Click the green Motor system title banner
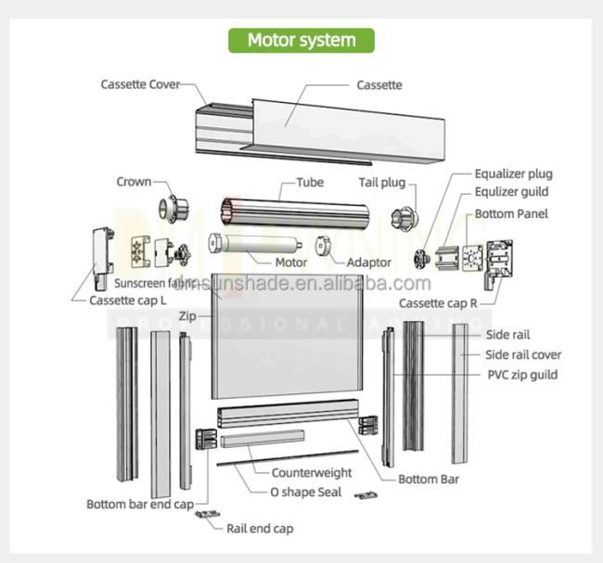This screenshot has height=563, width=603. pos(301,40)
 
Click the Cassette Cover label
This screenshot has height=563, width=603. pos(141,84)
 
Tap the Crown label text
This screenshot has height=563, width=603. pos(134,182)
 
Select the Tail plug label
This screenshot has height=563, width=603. pos(388,182)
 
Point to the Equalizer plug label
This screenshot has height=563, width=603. pos(513,173)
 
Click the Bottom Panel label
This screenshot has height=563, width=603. pos(511,214)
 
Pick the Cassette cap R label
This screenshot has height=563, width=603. pos(438,303)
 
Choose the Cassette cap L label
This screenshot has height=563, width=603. pos(128,301)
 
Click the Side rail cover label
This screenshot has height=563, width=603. pos(523,354)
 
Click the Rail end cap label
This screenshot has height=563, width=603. pos(260,529)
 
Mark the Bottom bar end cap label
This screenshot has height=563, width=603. pos(140,505)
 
